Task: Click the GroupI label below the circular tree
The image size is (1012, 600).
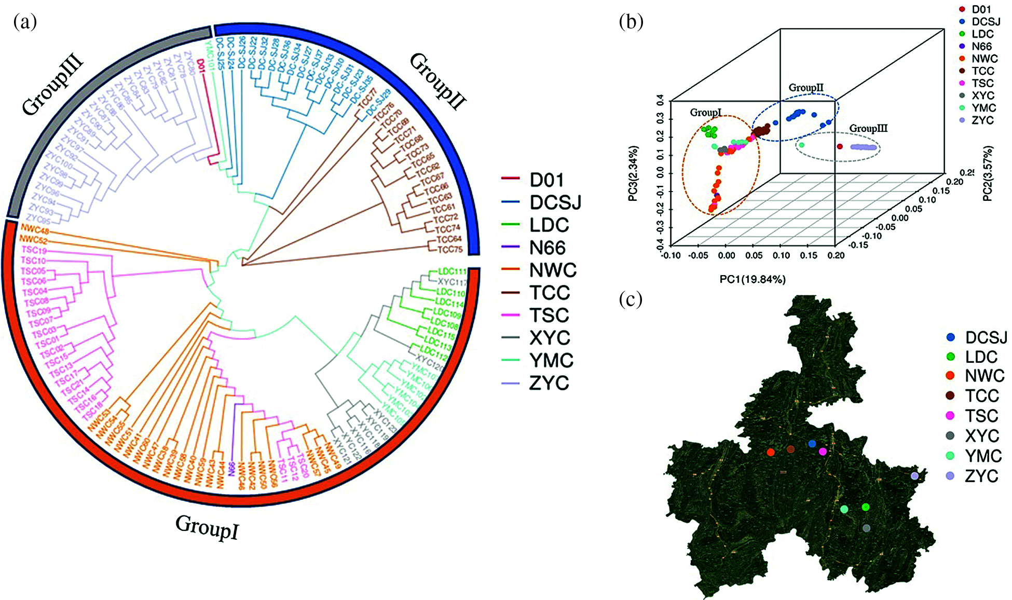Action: coord(207,527)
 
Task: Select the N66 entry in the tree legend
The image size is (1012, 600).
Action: coord(548,248)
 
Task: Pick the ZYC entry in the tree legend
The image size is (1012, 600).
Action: coord(549,383)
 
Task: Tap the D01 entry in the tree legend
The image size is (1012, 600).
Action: coord(546,180)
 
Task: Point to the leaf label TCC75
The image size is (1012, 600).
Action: coord(449,249)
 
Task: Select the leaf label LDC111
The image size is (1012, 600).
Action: coord(452,271)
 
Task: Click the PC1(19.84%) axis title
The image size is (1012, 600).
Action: coord(752,280)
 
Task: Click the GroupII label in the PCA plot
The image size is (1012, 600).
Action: coord(806,88)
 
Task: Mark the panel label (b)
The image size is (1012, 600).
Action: coord(631,21)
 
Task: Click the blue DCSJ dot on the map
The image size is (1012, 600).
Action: coord(812,444)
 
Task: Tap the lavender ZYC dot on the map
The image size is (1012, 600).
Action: coord(914,475)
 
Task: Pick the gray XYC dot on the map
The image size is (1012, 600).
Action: coord(866,528)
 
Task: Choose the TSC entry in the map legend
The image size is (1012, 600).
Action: coord(981,416)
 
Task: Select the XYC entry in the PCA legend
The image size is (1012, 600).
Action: coord(982,96)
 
